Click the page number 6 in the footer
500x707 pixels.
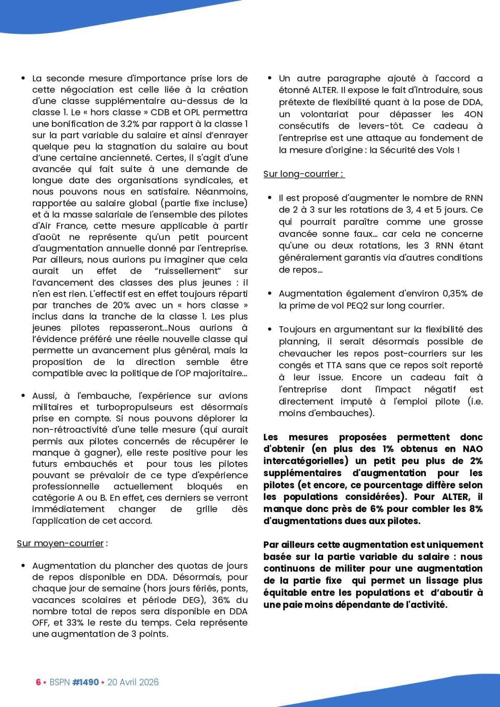[38, 682]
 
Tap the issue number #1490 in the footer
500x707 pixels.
[85, 682]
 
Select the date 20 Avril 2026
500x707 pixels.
[133, 682]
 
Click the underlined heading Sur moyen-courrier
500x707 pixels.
[60, 543]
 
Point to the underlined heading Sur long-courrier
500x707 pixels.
[303, 174]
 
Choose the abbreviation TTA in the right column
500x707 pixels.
[325, 365]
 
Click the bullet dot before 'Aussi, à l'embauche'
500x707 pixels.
[23, 395]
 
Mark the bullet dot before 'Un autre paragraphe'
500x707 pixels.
[270, 78]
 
